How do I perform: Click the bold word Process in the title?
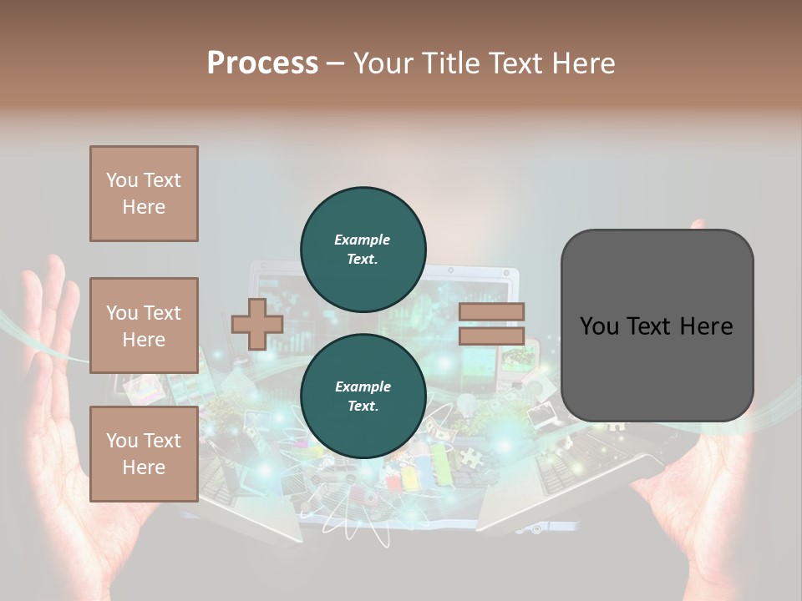tap(262, 63)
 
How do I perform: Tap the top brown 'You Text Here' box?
tap(144, 194)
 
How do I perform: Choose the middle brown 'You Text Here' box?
tap(144, 326)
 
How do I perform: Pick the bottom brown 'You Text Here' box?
tap(144, 454)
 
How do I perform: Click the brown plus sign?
tap(257, 324)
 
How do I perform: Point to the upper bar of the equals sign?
tap(492, 311)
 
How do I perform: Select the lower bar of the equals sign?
tap(492, 336)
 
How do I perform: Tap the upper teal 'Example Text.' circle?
tap(363, 249)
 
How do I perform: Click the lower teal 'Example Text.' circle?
tap(363, 396)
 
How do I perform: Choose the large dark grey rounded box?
tap(657, 326)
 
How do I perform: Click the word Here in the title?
tap(585, 63)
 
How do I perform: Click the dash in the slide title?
tap(336, 63)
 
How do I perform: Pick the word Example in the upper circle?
tap(363, 240)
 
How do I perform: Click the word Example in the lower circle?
tap(363, 386)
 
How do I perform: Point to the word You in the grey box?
tap(600, 326)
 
